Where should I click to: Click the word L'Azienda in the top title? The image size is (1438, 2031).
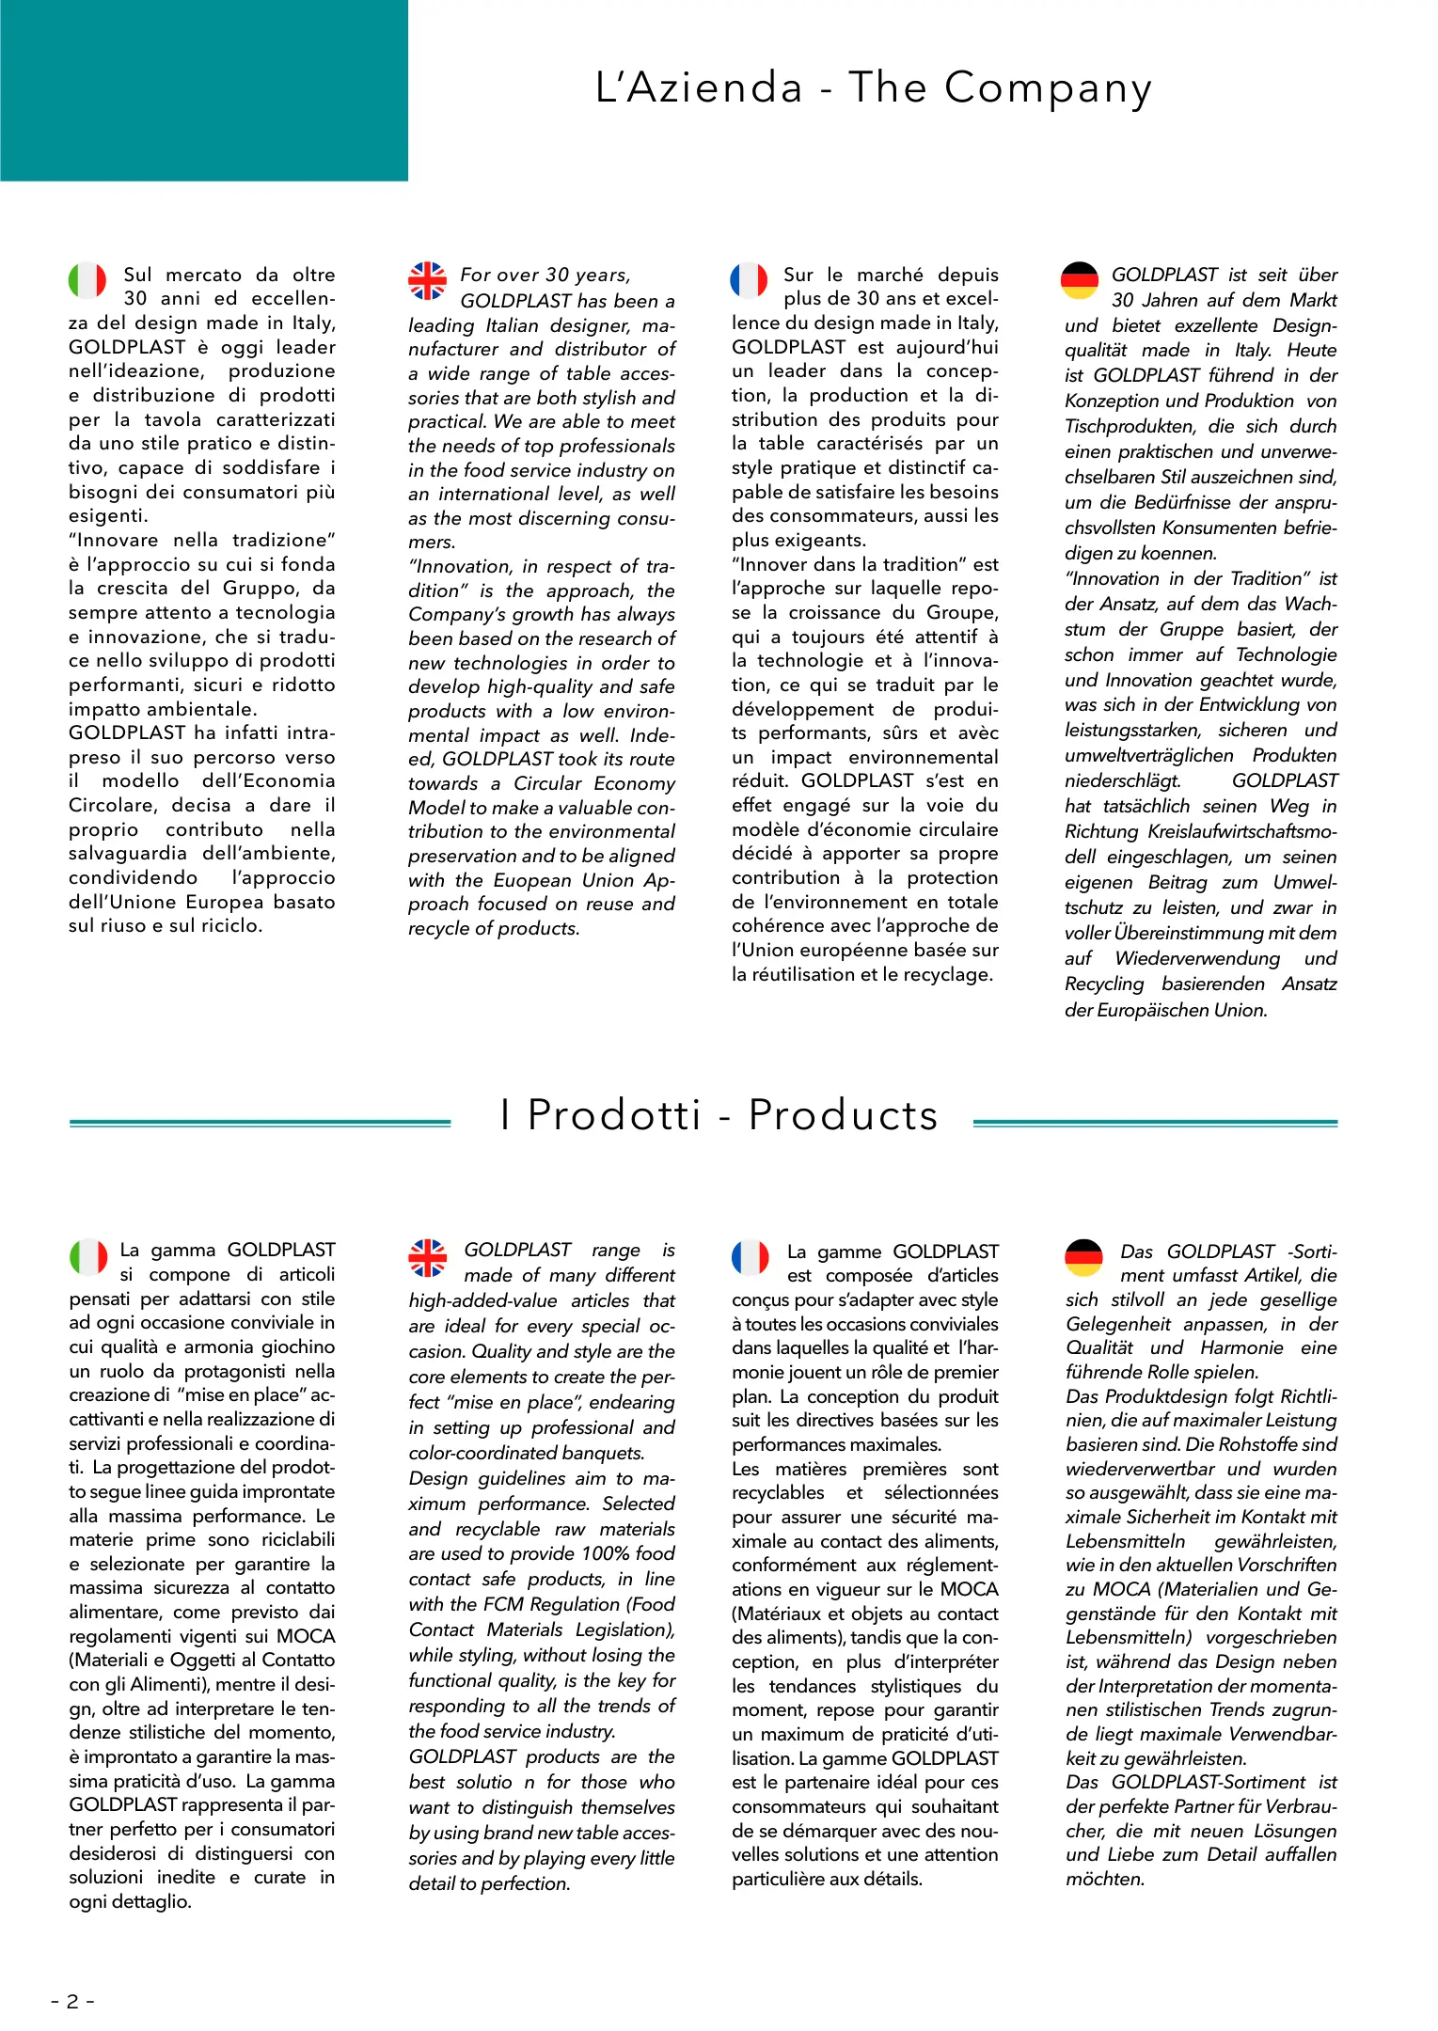(x=699, y=87)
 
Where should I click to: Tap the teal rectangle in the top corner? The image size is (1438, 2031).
(x=203, y=90)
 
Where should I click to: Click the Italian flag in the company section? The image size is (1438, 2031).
(x=87, y=279)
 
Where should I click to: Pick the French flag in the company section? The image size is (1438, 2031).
(x=749, y=279)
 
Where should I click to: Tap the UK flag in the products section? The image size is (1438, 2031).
(x=427, y=1257)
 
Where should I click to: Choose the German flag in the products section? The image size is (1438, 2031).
(x=1083, y=1257)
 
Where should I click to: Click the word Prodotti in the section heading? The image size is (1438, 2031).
(x=614, y=1115)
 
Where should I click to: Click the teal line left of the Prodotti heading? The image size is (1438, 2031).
(x=260, y=1123)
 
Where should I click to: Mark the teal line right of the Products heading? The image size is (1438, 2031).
(x=1155, y=1123)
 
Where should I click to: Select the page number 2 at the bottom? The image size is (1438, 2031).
(x=72, y=2001)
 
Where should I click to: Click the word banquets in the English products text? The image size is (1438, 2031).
(x=603, y=1453)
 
